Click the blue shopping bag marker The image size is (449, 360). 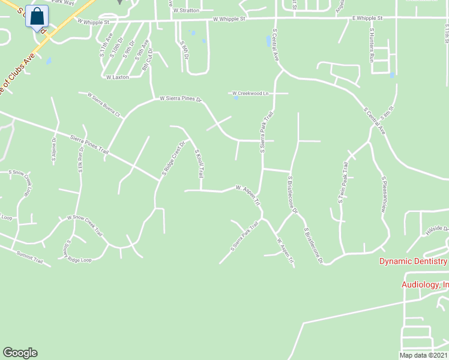[x=37, y=17]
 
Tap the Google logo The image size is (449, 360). [x=20, y=353]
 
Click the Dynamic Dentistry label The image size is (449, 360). [x=413, y=261]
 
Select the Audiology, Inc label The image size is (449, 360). [x=424, y=284]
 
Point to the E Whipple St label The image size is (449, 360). [x=367, y=19]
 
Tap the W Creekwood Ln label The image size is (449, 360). [x=250, y=94]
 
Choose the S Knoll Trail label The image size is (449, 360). [x=200, y=163]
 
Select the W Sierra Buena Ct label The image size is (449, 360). [x=104, y=104]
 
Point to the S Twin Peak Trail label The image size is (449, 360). [x=343, y=182]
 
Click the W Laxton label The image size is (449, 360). [x=117, y=77]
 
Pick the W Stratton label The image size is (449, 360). [x=185, y=10]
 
